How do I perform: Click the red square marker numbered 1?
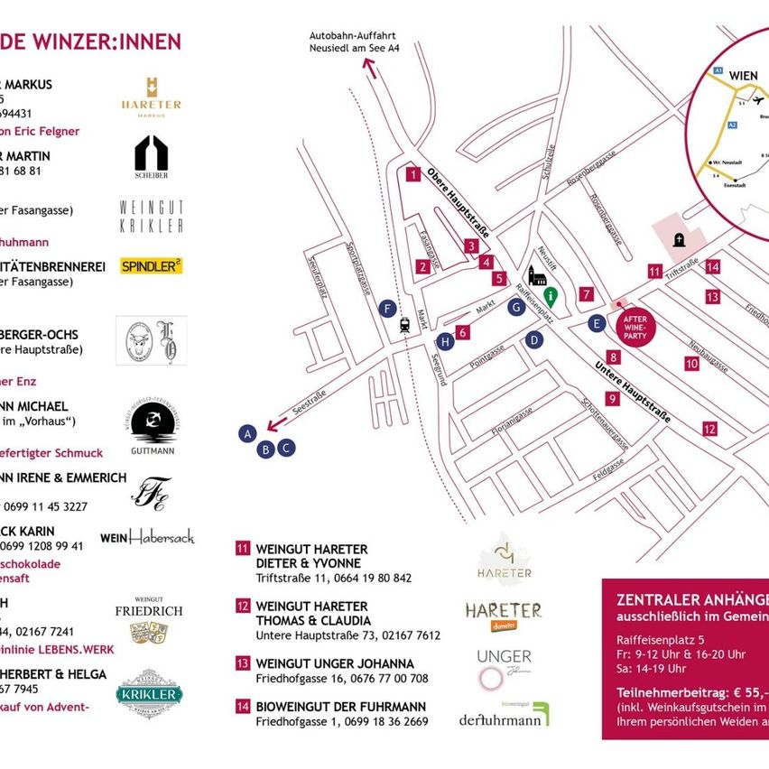point(412,174)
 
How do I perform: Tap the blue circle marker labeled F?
point(388,309)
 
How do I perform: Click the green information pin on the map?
point(550,296)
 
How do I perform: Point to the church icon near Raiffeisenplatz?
point(537,276)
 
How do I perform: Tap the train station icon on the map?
point(404,325)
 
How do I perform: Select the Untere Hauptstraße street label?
point(633,392)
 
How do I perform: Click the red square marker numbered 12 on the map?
point(709,430)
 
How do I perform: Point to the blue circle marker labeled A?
point(246,434)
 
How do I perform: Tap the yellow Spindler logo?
point(152,265)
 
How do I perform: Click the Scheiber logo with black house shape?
point(151,155)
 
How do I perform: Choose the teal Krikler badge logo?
point(149,692)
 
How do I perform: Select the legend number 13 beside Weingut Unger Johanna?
point(242,663)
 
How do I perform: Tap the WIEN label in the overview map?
point(743,75)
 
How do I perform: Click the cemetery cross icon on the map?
point(679,239)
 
